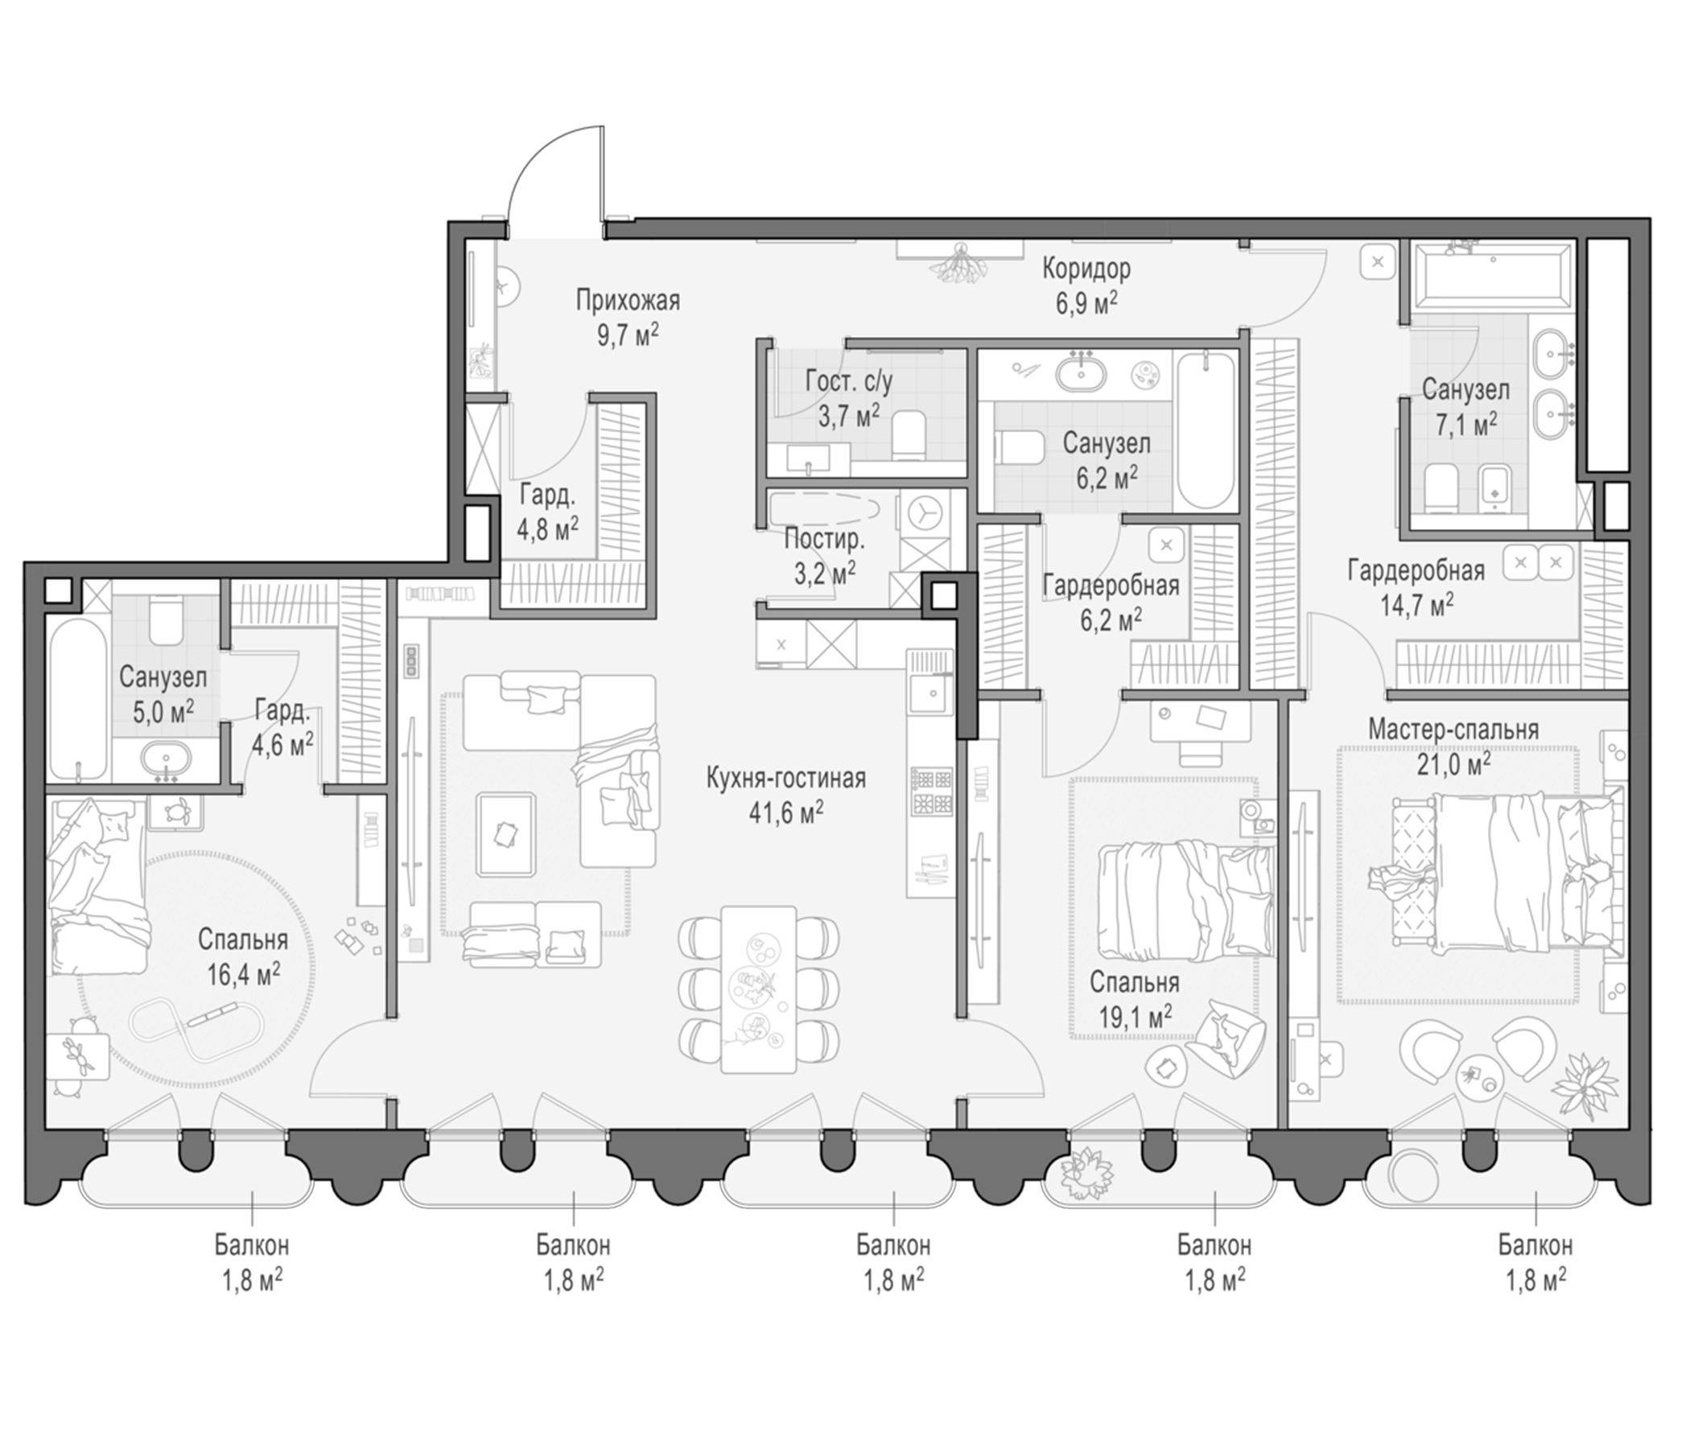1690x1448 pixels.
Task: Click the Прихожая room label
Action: coord(627,301)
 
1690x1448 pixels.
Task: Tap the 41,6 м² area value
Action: coord(786,812)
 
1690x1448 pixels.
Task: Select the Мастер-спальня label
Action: coord(1453,729)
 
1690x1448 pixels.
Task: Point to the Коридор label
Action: coord(1086,268)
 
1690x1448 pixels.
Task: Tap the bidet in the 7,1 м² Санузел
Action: coord(1494,488)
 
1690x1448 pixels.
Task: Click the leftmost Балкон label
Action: coord(252,1246)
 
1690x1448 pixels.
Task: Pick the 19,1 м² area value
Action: coord(1136,1015)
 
